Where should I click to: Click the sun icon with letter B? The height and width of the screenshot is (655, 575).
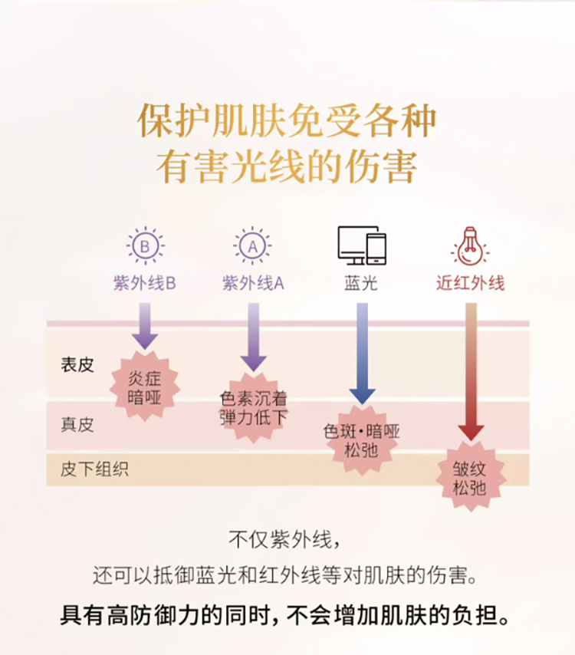click(144, 246)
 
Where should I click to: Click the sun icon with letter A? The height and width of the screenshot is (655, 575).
click(252, 246)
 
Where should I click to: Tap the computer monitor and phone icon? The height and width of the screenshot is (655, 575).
click(361, 245)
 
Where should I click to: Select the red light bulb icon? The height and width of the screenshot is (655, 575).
click(470, 246)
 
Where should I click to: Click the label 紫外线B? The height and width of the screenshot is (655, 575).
click(144, 283)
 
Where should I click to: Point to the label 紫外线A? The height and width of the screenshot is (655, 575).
click(253, 283)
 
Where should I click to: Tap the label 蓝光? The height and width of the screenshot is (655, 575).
click(361, 283)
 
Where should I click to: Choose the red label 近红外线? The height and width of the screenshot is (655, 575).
click(471, 283)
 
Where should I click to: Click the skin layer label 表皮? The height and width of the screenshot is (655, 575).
click(77, 365)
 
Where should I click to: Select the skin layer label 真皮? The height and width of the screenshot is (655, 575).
click(77, 424)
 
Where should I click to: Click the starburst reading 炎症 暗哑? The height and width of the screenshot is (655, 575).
click(145, 387)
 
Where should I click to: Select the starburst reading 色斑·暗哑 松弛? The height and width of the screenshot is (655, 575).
click(361, 439)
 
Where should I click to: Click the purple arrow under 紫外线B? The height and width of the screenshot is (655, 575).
click(144, 325)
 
